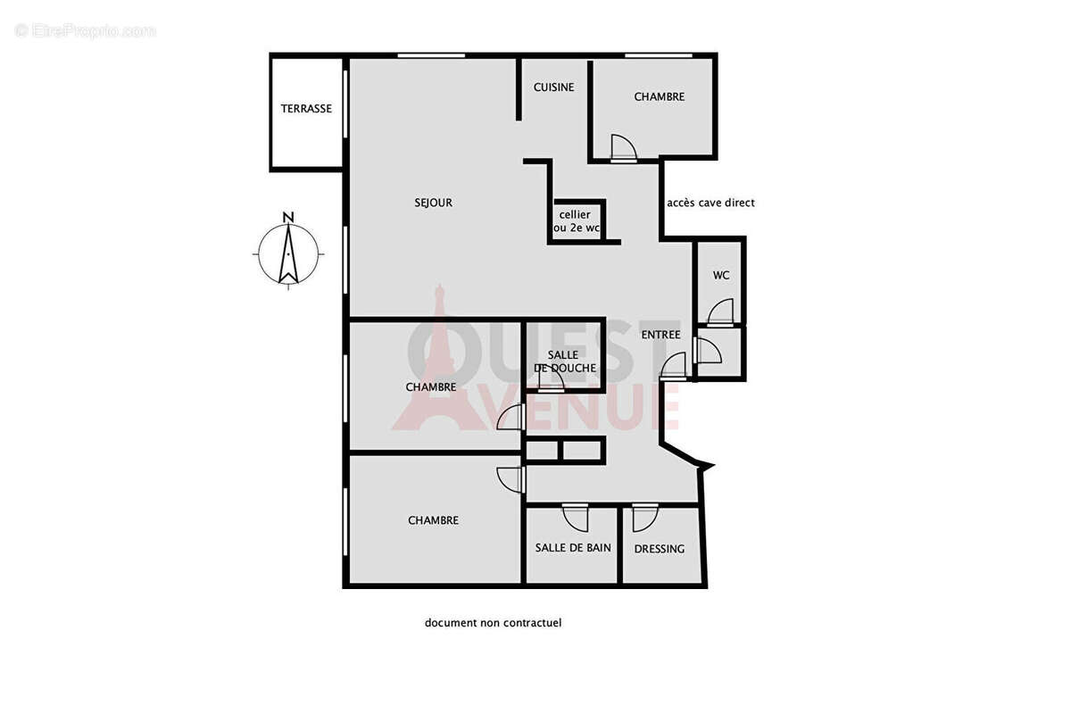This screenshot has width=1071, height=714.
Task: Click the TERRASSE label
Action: [306, 109]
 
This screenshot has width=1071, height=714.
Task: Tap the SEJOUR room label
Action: [434, 203]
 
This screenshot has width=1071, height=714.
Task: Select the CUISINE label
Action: [553, 87]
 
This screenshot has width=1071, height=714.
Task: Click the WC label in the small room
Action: [721, 275]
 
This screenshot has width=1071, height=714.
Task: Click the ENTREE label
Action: [660, 335]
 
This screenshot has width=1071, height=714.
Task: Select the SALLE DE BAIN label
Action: [573, 547]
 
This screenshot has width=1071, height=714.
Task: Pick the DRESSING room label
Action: [660, 549]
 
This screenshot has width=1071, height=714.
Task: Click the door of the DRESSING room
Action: [644, 518]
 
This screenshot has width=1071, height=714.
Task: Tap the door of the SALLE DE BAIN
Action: [575, 518]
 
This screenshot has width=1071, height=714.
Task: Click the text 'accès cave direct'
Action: [710, 203]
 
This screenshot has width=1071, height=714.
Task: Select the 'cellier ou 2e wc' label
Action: [576, 221]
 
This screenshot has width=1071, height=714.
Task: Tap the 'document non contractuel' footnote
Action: [493, 623]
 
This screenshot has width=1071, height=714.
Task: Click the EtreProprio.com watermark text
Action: [85, 31]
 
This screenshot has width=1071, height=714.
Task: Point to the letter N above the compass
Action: [287, 217]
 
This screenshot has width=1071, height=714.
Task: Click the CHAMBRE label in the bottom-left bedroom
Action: [433, 520]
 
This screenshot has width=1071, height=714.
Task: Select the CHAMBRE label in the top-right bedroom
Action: [659, 96]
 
